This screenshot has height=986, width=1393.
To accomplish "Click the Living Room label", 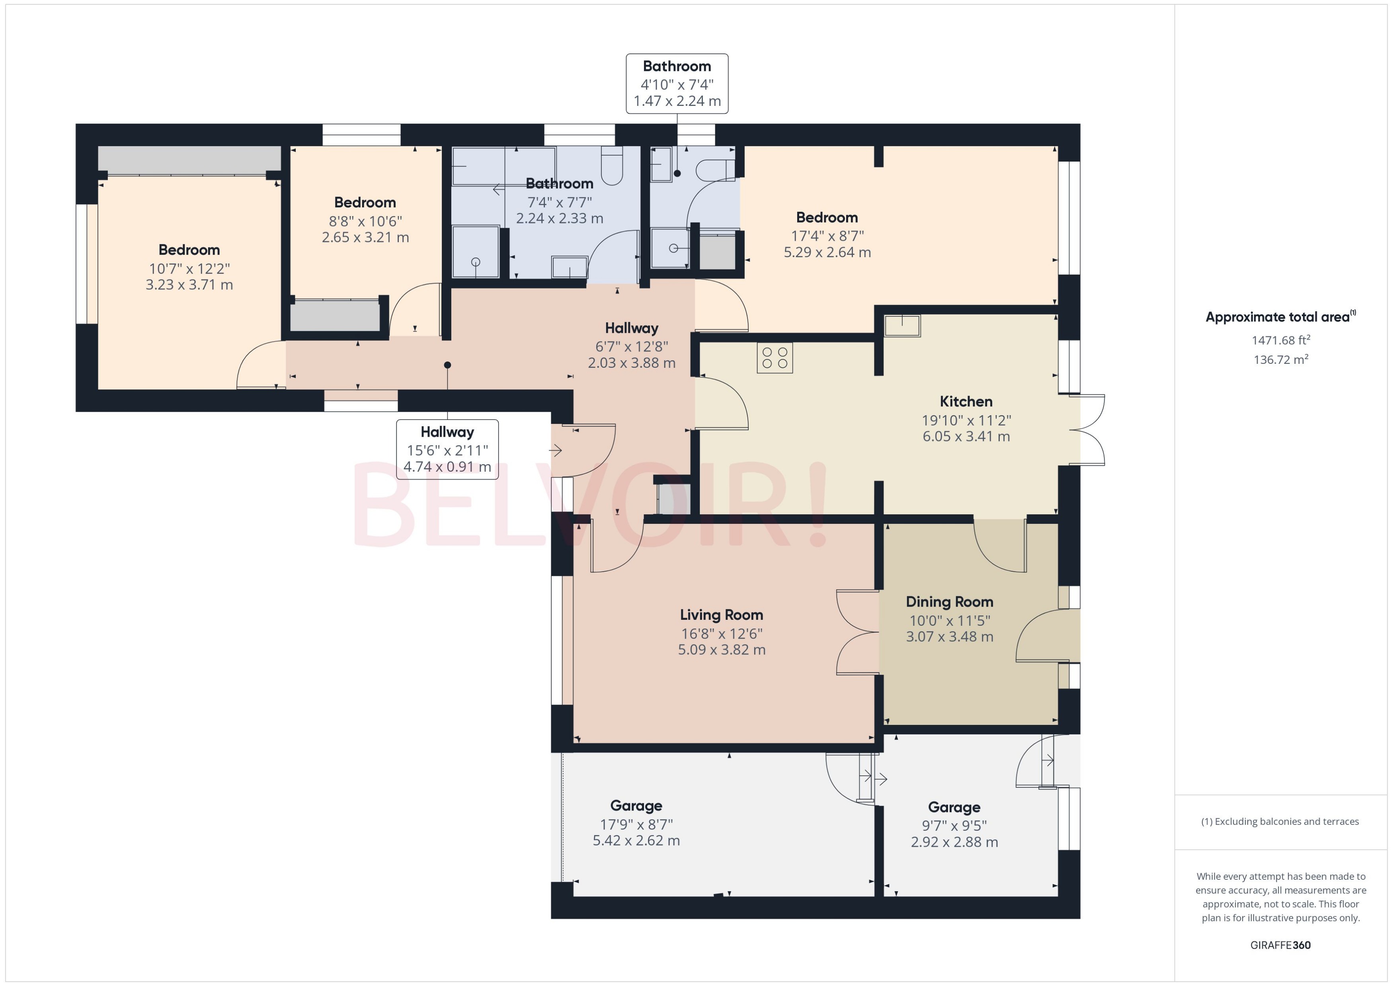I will tap(721, 615).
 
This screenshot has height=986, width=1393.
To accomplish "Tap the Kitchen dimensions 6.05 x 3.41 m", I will tap(966, 437).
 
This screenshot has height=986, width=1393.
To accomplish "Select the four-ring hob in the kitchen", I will tap(775, 357).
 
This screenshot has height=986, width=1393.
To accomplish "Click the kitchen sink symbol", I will tap(902, 326).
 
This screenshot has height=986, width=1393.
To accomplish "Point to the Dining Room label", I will tap(949, 602).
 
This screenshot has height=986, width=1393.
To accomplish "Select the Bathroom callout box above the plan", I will tap(677, 84).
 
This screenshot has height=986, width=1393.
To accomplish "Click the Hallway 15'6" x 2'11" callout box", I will tap(447, 449).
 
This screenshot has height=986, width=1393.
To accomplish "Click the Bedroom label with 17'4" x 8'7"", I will tap(827, 217).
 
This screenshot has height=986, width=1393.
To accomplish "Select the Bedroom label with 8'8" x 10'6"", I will tap(365, 203).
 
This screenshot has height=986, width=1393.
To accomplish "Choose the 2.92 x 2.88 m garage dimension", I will tap(954, 842).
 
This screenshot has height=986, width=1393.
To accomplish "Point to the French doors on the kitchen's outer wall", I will tap(1088, 430).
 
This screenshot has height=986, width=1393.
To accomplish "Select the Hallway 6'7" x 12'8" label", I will tap(631, 328).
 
